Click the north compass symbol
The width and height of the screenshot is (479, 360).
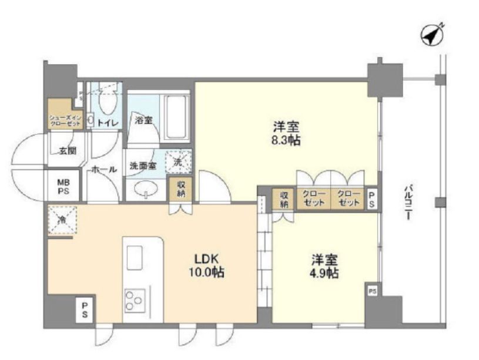433,33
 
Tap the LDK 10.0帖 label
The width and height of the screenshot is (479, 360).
206,265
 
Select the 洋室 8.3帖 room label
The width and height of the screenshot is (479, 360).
286,133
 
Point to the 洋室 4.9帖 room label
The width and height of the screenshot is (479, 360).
324,266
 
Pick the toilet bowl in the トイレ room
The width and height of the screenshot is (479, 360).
107,102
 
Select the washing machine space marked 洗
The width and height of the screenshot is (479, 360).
178,162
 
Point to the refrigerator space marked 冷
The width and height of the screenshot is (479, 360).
62,220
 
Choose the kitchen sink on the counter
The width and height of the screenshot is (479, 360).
135,257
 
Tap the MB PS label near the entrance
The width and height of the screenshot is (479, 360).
63,187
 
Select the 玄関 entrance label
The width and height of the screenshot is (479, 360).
68,151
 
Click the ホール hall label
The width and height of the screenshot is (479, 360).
104,169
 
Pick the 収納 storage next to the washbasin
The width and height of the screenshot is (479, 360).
181,189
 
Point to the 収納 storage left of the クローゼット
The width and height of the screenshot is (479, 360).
284,198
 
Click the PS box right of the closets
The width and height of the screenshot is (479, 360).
371,198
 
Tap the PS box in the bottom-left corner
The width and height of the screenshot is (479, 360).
85,309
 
